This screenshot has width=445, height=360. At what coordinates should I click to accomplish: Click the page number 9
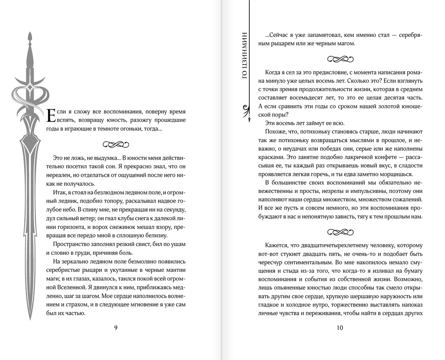(115, 328)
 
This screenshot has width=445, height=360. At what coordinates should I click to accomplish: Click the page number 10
(340, 328)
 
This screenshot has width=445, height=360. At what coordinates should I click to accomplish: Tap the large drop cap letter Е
(51, 115)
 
